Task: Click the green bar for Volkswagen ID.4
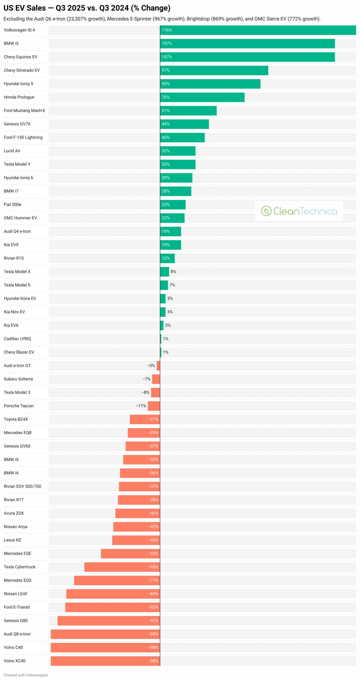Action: pyautogui.click(x=258, y=30)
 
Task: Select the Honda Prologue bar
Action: pyautogui.click(x=202, y=97)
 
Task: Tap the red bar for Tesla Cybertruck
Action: pyautogui.click(x=122, y=567)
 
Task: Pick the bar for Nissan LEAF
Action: pyautogui.click(x=113, y=594)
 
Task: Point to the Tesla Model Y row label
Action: pyautogui.click(x=17, y=164)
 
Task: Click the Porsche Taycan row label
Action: pyautogui.click(x=19, y=406)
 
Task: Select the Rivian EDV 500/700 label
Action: pyautogui.click(x=22, y=486)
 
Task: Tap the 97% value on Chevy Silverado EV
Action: pyautogui.click(x=166, y=70)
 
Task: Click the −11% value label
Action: pyautogui.click(x=141, y=406)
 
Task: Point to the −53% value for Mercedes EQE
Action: pyautogui.click(x=153, y=553)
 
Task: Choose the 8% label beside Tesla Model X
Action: pyautogui.click(x=173, y=272)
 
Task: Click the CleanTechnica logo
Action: pyautogui.click(x=299, y=211)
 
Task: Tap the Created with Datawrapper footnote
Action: pyautogui.click(x=26, y=675)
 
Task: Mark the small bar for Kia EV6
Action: pyautogui.click(x=162, y=325)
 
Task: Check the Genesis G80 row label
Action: pyautogui.click(x=16, y=620)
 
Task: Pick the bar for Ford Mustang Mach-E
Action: pyautogui.click(x=188, y=111)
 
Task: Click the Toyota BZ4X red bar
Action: pyautogui.click(x=145, y=419)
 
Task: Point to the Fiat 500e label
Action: pyautogui.click(x=12, y=204)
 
